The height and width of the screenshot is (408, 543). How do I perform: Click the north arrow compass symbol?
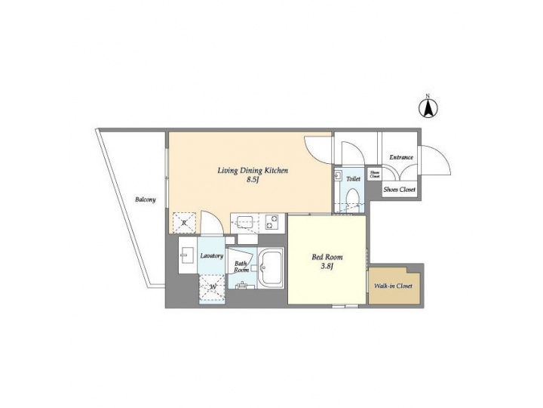427,108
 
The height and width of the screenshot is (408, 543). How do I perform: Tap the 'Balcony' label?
146,199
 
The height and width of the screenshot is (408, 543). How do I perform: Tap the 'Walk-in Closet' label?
393,287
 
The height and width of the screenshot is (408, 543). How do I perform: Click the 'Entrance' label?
400,157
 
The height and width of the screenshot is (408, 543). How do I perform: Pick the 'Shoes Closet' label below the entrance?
400,190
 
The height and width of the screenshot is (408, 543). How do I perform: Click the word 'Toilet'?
353,179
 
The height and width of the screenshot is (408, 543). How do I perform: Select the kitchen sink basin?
244,222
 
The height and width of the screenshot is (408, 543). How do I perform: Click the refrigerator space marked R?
182,221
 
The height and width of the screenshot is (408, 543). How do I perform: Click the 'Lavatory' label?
211,256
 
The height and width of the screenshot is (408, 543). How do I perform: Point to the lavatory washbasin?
186,258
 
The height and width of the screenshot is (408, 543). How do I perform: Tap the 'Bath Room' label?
241,267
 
